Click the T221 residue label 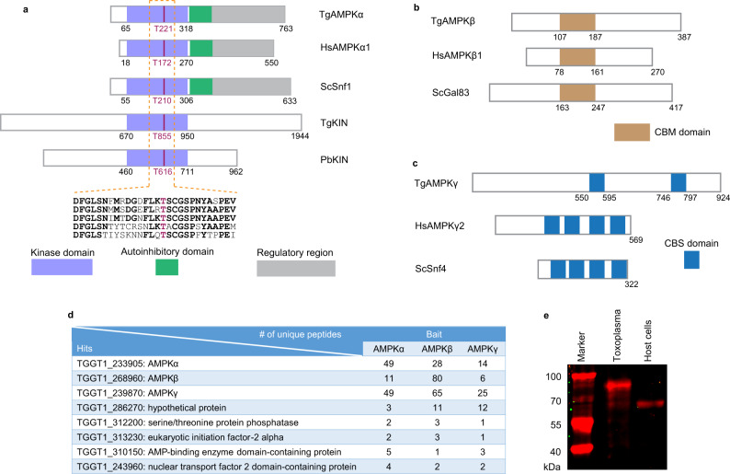click(x=164, y=29)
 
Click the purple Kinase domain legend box click(x=62, y=266)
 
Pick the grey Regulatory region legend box click(x=286, y=266)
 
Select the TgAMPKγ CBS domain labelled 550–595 click(x=597, y=182)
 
